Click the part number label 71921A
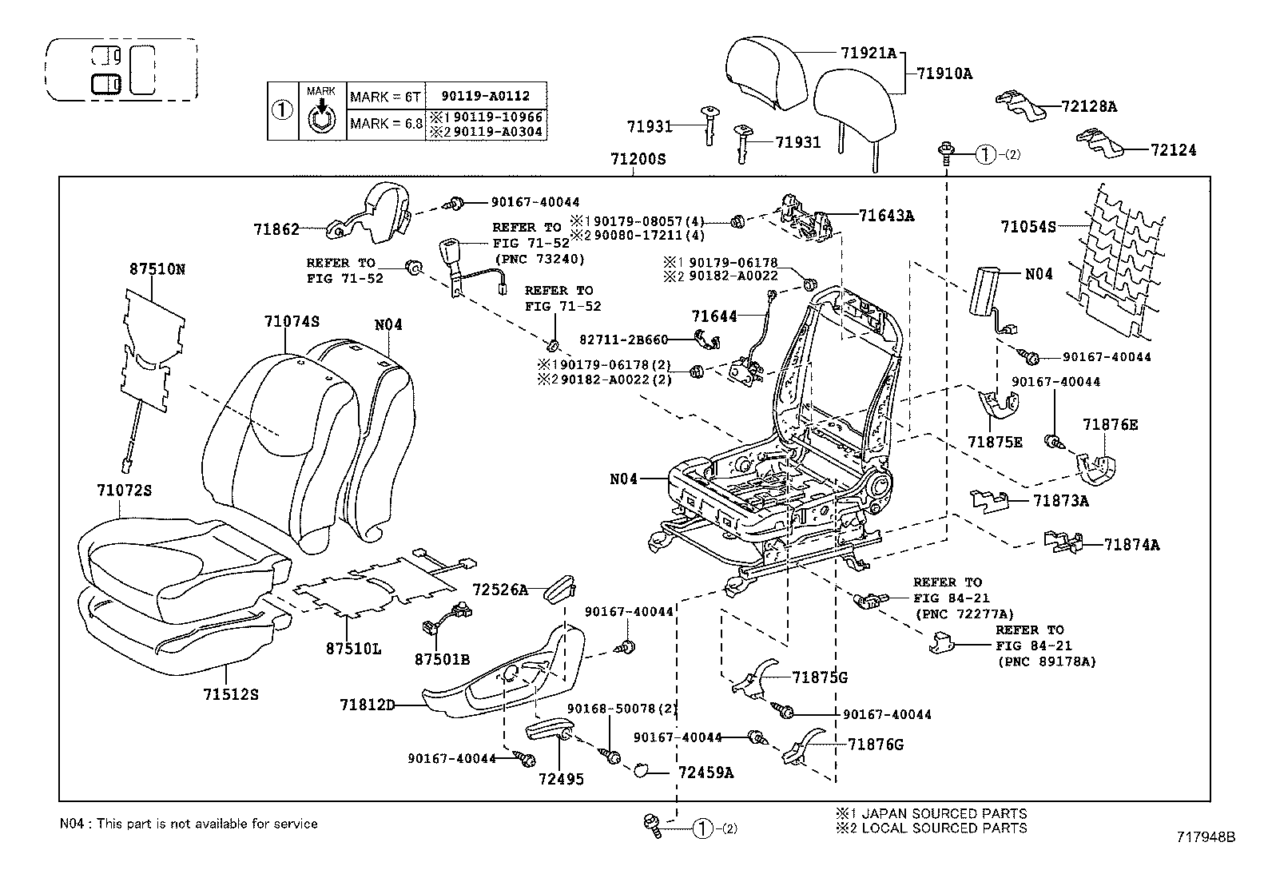coord(869,54)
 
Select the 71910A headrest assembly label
coord(944,73)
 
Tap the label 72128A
coord(1089,106)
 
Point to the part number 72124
coord(1173,149)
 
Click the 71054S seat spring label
coord(1028,227)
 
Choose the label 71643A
coord(886,215)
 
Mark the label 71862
coord(276,229)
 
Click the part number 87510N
coord(157,269)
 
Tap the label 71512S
coord(231,694)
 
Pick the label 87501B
coord(442,659)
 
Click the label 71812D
coord(368,705)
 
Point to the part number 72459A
coord(706,773)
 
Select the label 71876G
coord(875,745)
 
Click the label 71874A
coord(1131,545)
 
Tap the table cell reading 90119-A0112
coord(485,96)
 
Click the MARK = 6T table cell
coord(384,97)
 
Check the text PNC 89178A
coord(1047,661)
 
